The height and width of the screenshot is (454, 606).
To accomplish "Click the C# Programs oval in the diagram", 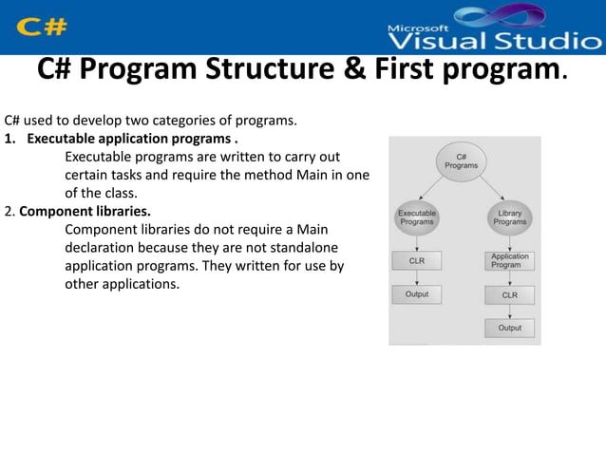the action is (462, 161).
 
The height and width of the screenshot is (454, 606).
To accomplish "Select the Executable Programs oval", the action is (416, 218).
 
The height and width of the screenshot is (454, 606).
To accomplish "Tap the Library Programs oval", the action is (509, 218).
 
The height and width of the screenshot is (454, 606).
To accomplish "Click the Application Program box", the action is (510, 260).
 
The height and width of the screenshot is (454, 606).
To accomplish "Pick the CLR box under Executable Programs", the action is (416, 259).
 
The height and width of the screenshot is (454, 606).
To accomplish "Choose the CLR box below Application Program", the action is (510, 295).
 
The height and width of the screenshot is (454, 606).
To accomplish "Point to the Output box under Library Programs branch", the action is (510, 328).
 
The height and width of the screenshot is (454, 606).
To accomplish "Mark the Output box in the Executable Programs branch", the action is (416, 294).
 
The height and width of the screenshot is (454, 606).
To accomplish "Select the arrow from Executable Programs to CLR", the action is (416, 241).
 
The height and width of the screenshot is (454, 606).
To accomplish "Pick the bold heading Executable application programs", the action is (126, 139).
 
